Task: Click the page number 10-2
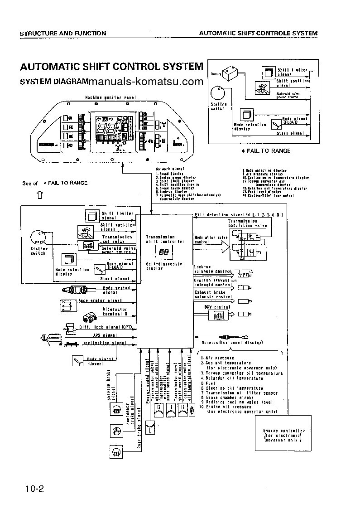click(x=34, y=489)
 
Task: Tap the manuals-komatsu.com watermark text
click(x=145, y=82)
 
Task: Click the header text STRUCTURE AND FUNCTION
click(x=63, y=33)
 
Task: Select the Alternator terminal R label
click(x=115, y=311)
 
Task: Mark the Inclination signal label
click(x=105, y=344)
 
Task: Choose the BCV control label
click(x=212, y=306)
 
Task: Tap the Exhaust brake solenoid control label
click(x=212, y=296)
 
